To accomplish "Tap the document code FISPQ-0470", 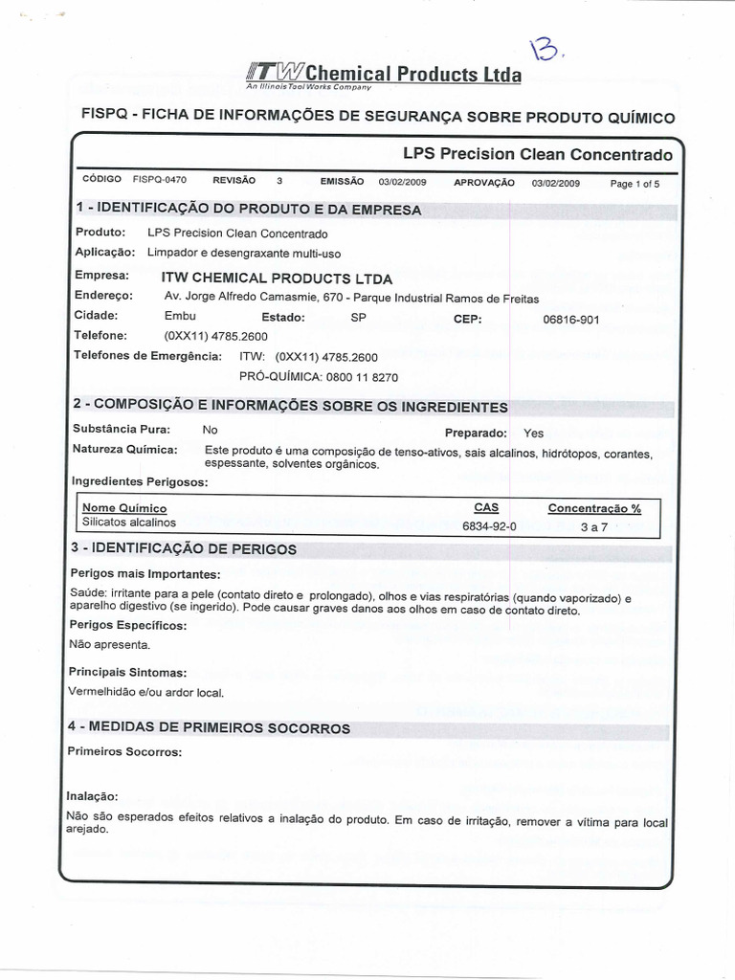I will pyautogui.click(x=160, y=180).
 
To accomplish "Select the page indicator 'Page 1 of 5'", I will pyautogui.click(x=635, y=184).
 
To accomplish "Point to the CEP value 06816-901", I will pyautogui.click(x=570, y=320).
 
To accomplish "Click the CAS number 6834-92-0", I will pyautogui.click(x=489, y=525).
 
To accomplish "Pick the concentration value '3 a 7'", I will pyautogui.click(x=594, y=526).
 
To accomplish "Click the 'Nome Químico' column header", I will pyautogui.click(x=124, y=507).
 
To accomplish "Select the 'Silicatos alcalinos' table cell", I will pyautogui.click(x=129, y=523).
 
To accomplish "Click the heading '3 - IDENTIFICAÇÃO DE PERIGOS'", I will pyautogui.click(x=183, y=549).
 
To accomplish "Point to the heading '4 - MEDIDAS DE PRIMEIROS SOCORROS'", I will pyautogui.click(x=209, y=728).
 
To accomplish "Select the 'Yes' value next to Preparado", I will pyautogui.click(x=533, y=433).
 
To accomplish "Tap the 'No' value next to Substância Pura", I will pyautogui.click(x=211, y=430).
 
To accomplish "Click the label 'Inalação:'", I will pyautogui.click(x=92, y=795).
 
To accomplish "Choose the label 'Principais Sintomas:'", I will pyautogui.click(x=127, y=673).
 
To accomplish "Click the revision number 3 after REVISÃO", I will pyautogui.click(x=279, y=180).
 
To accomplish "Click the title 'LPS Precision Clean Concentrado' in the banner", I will pyautogui.click(x=537, y=154).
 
